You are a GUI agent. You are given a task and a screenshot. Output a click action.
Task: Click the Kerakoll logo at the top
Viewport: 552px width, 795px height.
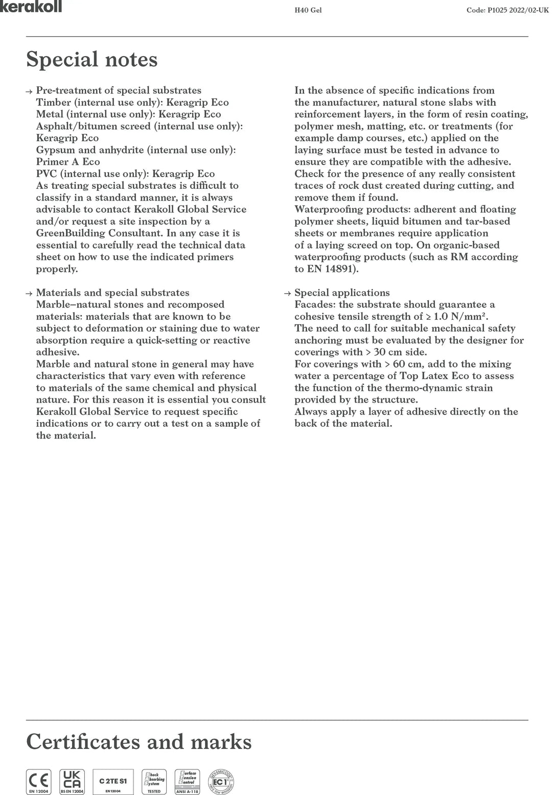(31, 6)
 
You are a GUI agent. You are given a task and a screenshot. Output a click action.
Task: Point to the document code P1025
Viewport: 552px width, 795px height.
(493, 10)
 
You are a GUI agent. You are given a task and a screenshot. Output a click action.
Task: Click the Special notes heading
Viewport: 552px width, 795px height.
(92, 59)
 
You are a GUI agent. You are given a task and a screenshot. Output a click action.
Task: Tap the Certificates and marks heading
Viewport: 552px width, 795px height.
(139, 741)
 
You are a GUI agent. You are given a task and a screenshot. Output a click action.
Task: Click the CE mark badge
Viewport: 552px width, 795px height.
(39, 781)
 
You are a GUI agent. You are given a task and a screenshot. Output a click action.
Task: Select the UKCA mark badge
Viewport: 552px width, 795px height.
(72, 781)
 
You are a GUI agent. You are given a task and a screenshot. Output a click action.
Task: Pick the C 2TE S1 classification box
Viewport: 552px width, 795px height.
(113, 781)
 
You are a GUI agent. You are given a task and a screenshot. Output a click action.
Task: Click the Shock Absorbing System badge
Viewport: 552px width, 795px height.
(154, 781)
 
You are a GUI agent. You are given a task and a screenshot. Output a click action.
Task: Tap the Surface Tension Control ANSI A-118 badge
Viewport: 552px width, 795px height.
(187, 781)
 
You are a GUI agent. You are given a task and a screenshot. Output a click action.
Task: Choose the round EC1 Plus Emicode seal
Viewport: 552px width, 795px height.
(221, 782)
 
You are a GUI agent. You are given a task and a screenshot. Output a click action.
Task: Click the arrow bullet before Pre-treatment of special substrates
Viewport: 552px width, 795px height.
(29, 91)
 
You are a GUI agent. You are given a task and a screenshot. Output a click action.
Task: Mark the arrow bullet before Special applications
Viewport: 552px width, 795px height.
(288, 294)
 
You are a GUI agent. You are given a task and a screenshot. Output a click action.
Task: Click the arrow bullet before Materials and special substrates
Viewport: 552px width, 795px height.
(29, 294)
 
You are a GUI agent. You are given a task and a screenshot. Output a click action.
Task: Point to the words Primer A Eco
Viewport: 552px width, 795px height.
(68, 162)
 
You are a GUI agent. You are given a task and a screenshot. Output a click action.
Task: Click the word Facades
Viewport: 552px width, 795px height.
(313, 305)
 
